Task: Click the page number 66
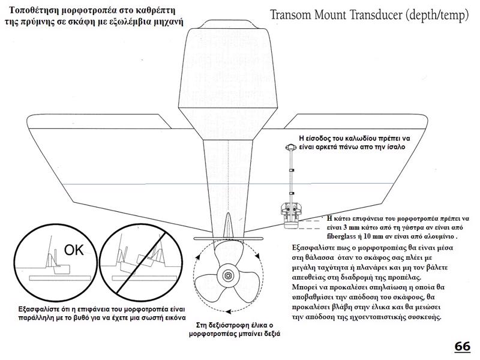pos(462,346)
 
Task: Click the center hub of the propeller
pos(228,275)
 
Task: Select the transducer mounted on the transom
pos(292,214)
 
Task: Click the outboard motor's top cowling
pos(228,66)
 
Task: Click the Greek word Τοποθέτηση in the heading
pos(42,11)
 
